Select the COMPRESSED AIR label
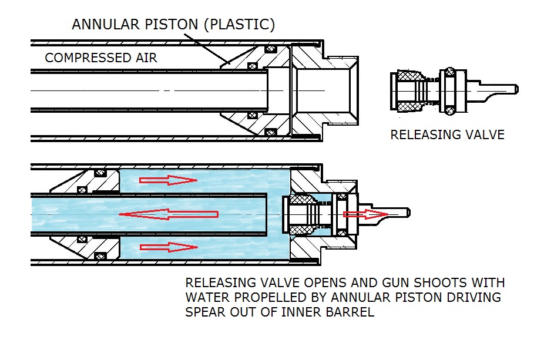click(100, 58)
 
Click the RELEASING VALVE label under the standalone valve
click(447, 134)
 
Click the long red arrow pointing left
click(169, 214)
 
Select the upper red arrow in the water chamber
click(168, 180)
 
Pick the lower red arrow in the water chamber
click(168, 247)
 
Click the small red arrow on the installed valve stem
click(365, 214)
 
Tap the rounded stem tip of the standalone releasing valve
click(516, 89)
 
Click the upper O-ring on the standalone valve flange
click(449, 72)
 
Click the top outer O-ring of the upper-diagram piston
click(271, 48)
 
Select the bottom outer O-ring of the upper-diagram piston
click(271, 133)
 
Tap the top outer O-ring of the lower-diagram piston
click(100, 173)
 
